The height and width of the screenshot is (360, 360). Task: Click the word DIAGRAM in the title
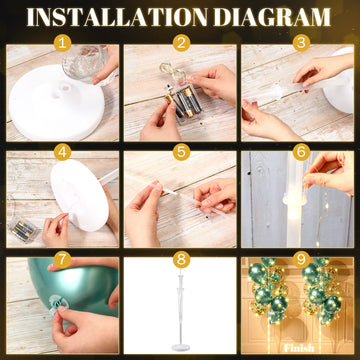click(x=272, y=17)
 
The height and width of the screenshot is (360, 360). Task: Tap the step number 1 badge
click(x=62, y=43)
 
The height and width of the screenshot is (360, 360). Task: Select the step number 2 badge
click(x=181, y=43)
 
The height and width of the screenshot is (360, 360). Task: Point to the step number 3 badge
click(x=301, y=43)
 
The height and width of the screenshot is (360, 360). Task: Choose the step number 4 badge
click(x=62, y=152)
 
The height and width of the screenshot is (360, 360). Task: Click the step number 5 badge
click(x=181, y=152)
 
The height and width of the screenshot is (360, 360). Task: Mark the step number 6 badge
click(x=301, y=152)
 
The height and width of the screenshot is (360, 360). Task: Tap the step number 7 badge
click(x=62, y=260)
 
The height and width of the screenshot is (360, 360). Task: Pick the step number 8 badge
click(x=181, y=260)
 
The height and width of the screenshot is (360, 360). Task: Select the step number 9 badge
click(x=301, y=260)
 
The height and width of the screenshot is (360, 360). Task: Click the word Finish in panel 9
click(x=299, y=348)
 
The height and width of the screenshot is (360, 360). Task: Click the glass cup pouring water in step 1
click(x=85, y=63)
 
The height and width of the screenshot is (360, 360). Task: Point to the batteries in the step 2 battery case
click(x=183, y=103)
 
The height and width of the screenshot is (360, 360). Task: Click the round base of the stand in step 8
click(x=181, y=348)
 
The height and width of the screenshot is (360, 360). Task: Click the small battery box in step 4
click(x=24, y=229)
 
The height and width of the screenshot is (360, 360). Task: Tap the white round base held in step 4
click(x=79, y=195)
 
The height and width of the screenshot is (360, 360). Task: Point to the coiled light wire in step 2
click(x=172, y=71)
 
